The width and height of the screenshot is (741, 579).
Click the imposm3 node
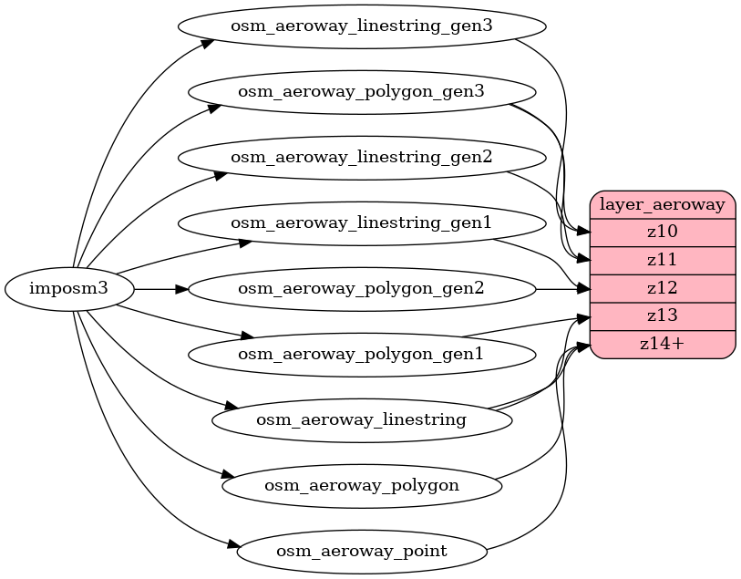[69, 289]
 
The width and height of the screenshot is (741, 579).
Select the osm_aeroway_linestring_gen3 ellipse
[361, 26]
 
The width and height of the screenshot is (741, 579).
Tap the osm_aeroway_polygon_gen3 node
[361, 91]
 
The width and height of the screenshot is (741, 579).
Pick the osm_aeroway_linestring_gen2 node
[361, 157]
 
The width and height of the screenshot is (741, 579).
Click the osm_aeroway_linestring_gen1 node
[361, 222]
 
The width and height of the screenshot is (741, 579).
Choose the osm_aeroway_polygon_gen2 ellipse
[361, 289]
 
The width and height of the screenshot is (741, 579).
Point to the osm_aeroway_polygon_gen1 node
[361, 354]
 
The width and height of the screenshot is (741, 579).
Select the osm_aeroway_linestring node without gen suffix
[361, 419]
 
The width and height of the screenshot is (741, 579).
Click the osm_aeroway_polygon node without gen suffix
[361, 485]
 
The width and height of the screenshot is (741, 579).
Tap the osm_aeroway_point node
[361, 551]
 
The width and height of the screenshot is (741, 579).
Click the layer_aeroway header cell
[663, 204]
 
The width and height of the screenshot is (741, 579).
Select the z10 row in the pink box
[663, 233]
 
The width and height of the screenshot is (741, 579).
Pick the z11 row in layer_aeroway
[663, 260]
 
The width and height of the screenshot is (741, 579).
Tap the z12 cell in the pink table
[663, 288]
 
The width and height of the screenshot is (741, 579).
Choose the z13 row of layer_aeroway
[663, 316]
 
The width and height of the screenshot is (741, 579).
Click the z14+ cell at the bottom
[663, 344]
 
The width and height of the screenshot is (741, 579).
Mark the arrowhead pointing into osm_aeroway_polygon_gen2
[181, 289]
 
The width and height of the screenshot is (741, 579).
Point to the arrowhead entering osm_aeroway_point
[232, 546]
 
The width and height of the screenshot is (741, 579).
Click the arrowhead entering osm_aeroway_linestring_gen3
[208, 42]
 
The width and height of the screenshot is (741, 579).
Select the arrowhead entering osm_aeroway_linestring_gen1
[245, 243]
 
